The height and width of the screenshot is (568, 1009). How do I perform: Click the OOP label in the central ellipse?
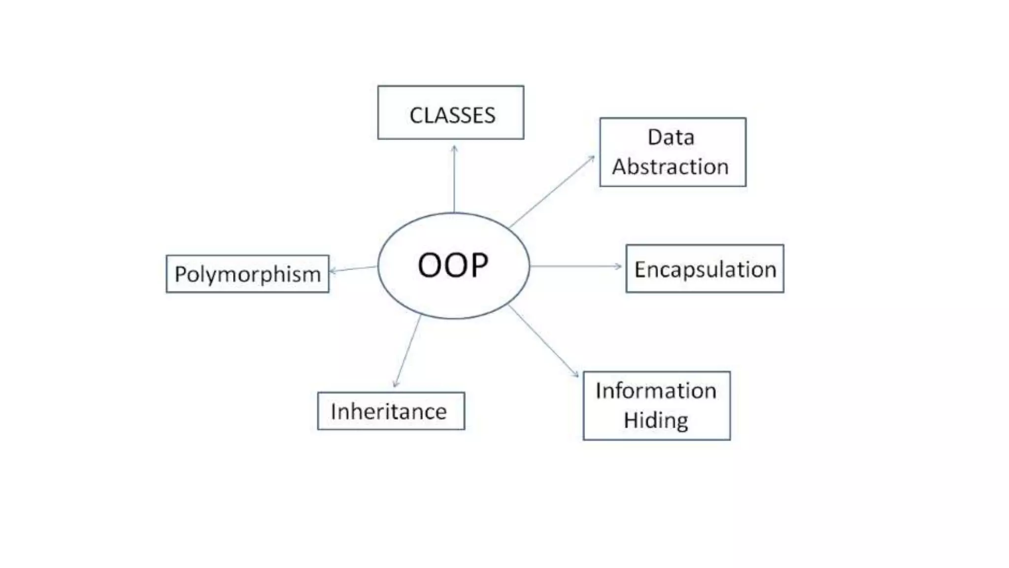(453, 265)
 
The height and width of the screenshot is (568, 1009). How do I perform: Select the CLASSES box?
(450, 112)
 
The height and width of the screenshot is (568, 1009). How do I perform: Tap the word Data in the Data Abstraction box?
(671, 137)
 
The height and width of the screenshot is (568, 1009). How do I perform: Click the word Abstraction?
(670, 167)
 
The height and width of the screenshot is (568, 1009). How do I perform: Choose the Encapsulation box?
(705, 269)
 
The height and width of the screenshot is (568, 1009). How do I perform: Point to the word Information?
(656, 390)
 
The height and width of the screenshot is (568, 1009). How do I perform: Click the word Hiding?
(656, 420)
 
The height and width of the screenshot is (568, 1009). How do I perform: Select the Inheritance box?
(391, 411)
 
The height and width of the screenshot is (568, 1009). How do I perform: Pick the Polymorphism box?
(247, 274)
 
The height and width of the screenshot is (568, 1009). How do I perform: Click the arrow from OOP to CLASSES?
(454, 180)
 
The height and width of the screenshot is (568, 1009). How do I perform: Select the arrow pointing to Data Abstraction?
(552, 192)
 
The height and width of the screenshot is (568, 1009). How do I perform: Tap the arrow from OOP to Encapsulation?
(575, 266)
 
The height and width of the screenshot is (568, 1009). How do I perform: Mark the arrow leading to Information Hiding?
(543, 341)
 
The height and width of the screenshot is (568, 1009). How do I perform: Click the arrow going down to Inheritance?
(407, 351)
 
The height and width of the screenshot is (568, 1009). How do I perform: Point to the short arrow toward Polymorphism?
(353, 269)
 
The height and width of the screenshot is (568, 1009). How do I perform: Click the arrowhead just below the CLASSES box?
(454, 147)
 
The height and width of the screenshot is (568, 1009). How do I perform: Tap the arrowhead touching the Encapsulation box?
(619, 266)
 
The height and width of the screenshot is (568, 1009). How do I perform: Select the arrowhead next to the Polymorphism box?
(333, 271)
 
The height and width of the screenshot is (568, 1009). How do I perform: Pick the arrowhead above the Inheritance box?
(396, 384)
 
